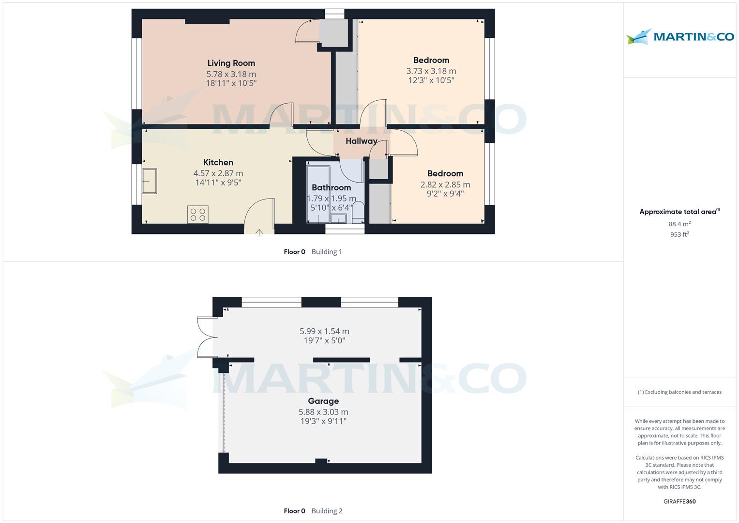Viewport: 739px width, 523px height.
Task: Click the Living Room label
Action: [x=231, y=63]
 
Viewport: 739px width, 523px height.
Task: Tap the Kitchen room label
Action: [x=218, y=162]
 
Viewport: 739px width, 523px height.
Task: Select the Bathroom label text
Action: [x=331, y=187]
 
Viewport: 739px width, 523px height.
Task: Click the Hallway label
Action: [x=361, y=141]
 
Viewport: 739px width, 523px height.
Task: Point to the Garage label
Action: [x=323, y=401]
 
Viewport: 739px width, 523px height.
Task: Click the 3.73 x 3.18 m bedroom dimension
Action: [x=431, y=71]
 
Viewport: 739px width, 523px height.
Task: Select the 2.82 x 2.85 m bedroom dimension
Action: [x=445, y=185]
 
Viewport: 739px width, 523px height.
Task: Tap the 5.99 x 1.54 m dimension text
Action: [x=324, y=331]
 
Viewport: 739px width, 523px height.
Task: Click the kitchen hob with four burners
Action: [x=197, y=214]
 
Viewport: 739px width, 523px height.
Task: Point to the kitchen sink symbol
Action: [x=150, y=181]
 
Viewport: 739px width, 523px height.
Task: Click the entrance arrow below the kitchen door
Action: [x=259, y=233]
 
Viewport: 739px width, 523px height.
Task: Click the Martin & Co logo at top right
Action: [x=680, y=37]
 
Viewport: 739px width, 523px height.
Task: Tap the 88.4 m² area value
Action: [x=679, y=224]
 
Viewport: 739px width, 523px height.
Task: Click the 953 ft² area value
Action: [x=679, y=234]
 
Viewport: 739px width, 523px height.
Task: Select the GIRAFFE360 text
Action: [x=679, y=501]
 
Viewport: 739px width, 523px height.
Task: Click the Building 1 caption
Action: [x=327, y=252]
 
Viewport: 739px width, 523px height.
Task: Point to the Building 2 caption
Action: [x=327, y=511]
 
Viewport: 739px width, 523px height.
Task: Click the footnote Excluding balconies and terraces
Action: [x=679, y=392]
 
